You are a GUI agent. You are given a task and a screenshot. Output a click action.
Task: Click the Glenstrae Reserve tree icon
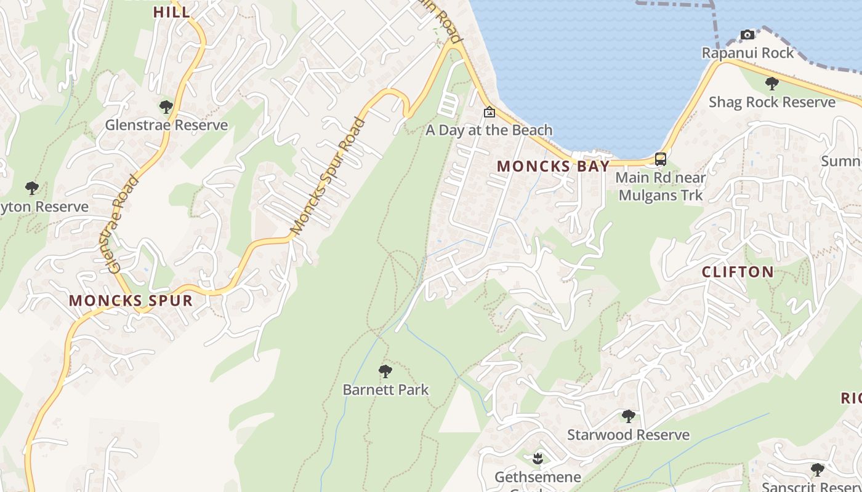166,107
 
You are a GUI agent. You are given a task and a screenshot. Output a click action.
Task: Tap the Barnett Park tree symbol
385,371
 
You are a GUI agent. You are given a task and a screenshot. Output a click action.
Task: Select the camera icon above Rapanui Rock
747,35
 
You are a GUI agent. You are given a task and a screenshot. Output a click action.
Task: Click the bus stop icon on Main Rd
661,159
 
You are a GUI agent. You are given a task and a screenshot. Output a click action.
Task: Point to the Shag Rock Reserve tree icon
771,84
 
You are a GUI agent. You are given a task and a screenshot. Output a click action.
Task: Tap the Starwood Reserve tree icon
628,416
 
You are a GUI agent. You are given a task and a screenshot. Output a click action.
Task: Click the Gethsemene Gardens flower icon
538,458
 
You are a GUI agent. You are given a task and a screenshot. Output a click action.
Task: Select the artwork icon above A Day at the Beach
489,112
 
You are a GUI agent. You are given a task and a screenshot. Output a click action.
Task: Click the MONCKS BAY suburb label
553,166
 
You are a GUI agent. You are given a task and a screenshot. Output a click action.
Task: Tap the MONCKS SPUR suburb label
131,301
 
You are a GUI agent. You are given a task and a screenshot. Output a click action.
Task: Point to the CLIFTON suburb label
738,272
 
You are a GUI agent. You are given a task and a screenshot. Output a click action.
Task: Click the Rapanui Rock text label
748,53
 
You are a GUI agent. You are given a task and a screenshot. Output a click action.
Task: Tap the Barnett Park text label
385,390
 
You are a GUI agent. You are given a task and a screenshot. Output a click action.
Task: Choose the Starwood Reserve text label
628,435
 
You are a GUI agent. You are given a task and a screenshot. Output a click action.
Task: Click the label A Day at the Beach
489,130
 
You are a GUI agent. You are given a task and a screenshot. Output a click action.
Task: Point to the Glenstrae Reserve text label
166,125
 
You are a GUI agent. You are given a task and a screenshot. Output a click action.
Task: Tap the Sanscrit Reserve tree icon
817,470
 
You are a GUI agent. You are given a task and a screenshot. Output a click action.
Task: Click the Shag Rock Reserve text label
772,102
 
